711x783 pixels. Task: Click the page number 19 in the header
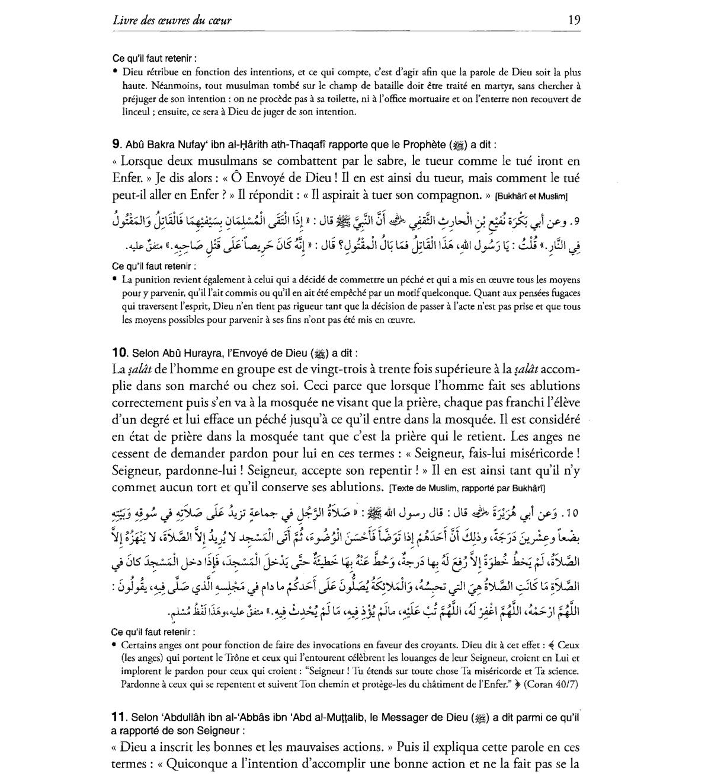(574, 20)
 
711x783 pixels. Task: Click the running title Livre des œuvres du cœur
(172, 21)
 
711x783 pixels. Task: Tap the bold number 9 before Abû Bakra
(116, 144)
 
